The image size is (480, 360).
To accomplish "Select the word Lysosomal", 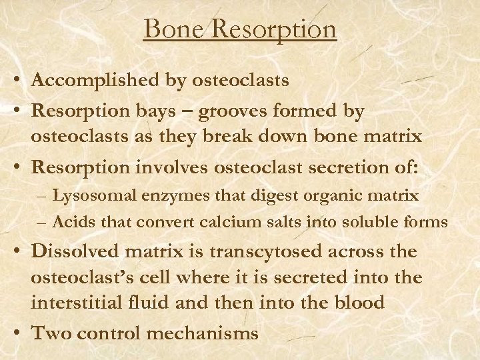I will tap(85, 196).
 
